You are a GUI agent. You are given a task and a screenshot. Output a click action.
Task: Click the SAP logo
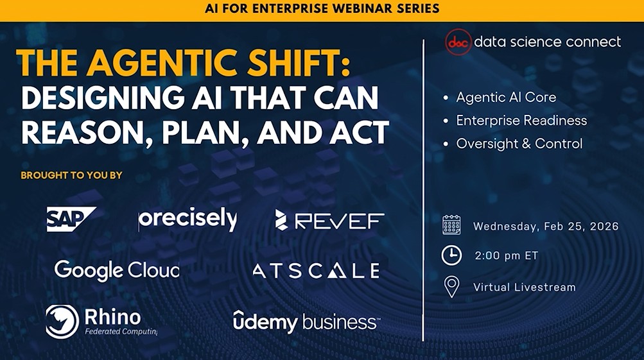click(71, 219)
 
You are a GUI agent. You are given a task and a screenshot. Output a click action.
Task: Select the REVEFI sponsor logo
click(329, 220)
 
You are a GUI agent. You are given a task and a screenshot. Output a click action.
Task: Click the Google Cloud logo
click(116, 270)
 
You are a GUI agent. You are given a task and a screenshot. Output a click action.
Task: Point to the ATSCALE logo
click(315, 271)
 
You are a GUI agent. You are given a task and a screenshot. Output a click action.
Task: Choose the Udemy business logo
click(306, 321)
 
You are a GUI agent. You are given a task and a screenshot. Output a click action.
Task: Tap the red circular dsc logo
click(458, 42)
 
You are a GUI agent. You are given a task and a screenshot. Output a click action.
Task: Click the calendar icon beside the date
click(451, 225)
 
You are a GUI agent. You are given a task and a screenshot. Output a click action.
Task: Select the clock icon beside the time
click(451, 255)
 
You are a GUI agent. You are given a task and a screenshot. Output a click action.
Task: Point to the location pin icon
click(451, 286)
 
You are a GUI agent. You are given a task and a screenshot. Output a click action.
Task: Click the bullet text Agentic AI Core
click(506, 98)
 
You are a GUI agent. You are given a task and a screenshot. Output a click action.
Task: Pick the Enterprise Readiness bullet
click(521, 121)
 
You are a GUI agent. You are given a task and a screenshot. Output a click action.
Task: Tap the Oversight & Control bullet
click(519, 144)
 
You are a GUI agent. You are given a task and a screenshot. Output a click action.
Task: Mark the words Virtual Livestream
click(524, 287)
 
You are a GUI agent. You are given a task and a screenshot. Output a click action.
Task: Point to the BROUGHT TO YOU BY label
click(71, 175)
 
